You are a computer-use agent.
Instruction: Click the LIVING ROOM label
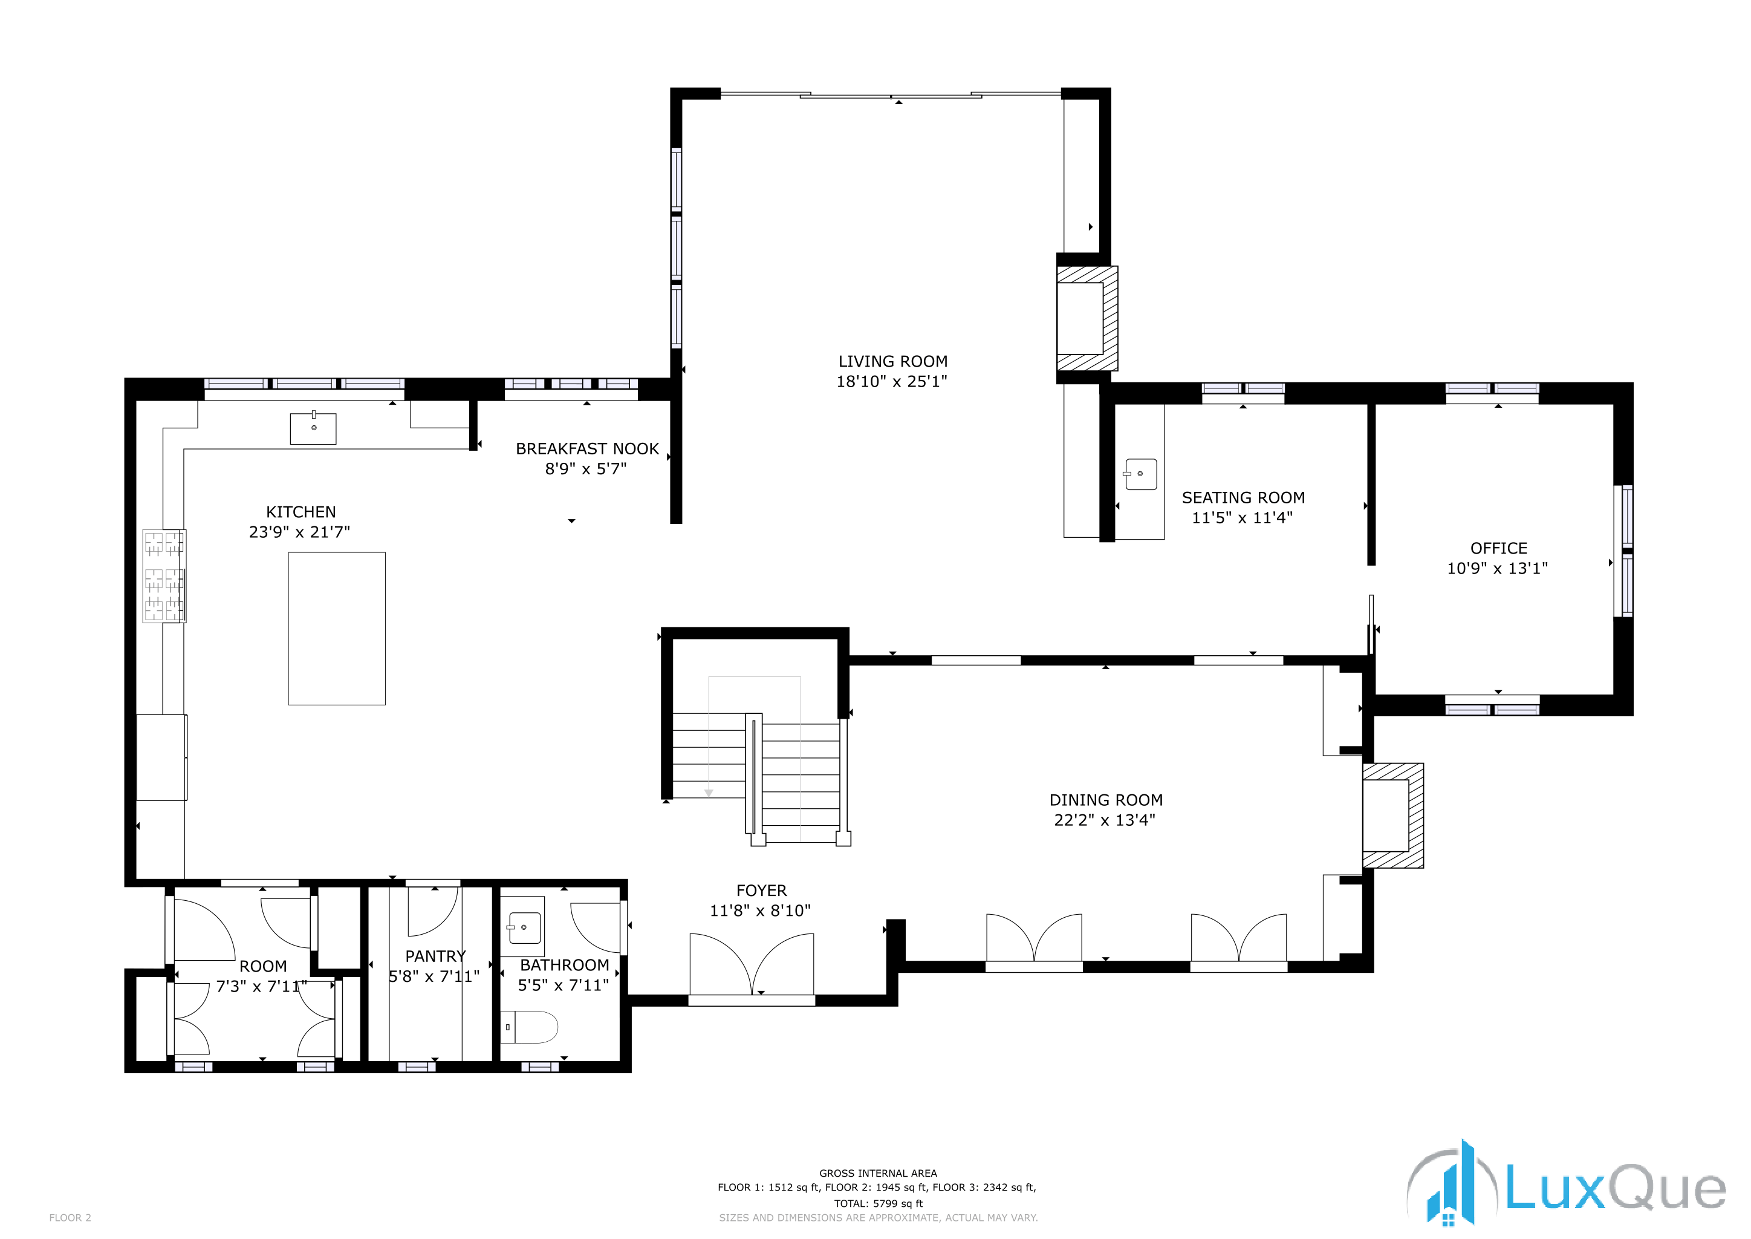pyautogui.click(x=892, y=362)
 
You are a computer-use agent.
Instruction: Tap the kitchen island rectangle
pyautogui.click(x=336, y=628)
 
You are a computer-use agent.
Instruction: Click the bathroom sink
pyautogui.click(x=524, y=927)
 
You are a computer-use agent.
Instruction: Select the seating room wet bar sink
pyautogui.click(x=1141, y=474)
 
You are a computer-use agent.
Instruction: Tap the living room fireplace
pyautogui.click(x=1086, y=318)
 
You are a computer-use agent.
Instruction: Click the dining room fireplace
pyautogui.click(x=1392, y=815)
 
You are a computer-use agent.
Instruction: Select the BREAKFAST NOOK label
pyautogui.click(x=587, y=449)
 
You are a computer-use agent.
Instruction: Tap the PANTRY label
pyautogui.click(x=435, y=956)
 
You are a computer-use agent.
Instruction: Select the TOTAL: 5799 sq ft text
pyautogui.click(x=878, y=1203)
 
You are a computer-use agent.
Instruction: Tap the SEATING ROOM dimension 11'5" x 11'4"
pyautogui.click(x=1243, y=517)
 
